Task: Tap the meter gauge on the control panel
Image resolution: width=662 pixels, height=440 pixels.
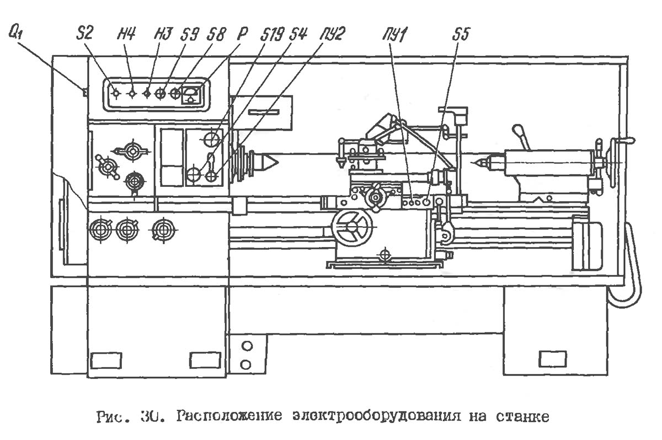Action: point(191,94)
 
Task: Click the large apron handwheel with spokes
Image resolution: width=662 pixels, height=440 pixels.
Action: point(352,227)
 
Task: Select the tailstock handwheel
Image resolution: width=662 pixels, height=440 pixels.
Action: point(612,160)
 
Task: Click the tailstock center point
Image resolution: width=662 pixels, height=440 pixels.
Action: point(476,163)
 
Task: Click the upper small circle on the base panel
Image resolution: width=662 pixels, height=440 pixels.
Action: point(247,346)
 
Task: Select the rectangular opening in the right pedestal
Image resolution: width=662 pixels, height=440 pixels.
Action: point(552,359)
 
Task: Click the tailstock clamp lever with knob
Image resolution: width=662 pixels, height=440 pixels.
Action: point(521,136)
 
